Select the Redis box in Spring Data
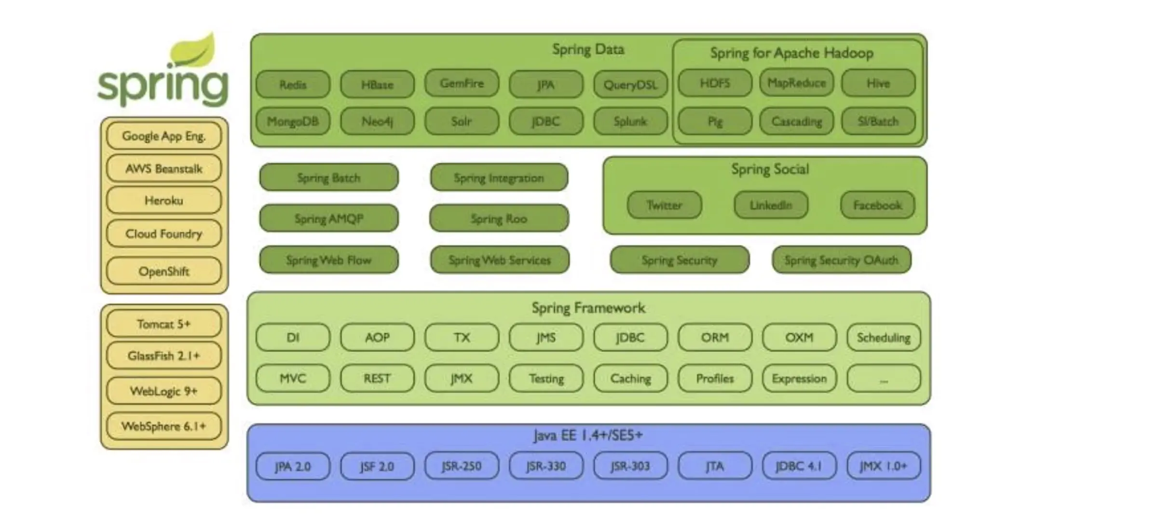(x=293, y=84)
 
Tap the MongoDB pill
(x=293, y=121)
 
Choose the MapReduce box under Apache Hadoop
(x=796, y=83)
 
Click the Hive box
(x=878, y=83)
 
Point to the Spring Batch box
(x=328, y=178)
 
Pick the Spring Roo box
(x=499, y=219)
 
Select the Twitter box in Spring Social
(x=664, y=205)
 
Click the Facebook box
(x=877, y=205)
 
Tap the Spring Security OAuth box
(x=841, y=260)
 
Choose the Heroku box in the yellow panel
(x=164, y=200)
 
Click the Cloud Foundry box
(x=164, y=234)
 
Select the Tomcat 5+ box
(x=164, y=324)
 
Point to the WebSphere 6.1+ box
(x=164, y=426)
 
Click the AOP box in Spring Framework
(x=377, y=337)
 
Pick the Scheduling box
(x=883, y=337)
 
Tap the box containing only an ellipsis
(x=883, y=379)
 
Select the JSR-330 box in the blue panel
(x=545, y=466)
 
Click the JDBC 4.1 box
(x=799, y=466)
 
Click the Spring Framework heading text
(x=588, y=308)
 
